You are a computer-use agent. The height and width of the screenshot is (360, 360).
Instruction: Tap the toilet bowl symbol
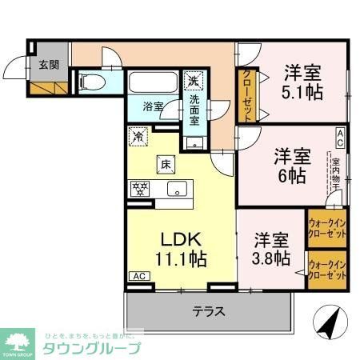click(90, 82)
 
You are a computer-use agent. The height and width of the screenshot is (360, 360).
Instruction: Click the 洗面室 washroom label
click(194, 110)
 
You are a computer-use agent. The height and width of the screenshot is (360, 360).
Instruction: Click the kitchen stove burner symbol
click(139, 190)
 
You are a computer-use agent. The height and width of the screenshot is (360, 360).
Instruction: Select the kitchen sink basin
click(178, 190)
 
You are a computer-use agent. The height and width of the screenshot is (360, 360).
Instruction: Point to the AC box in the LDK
click(138, 277)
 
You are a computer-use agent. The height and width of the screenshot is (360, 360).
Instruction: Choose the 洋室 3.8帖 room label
click(271, 248)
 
